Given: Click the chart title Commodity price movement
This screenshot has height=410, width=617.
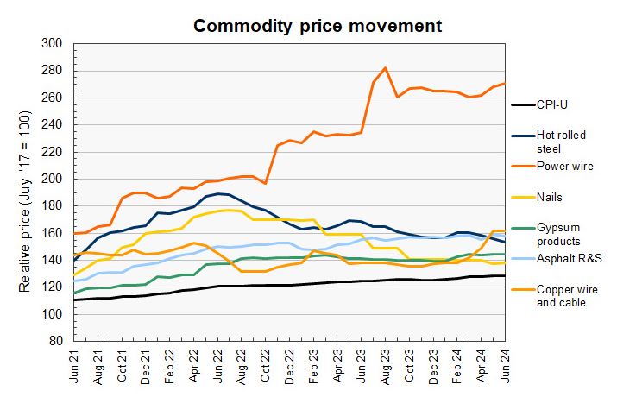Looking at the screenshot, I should [x=318, y=25].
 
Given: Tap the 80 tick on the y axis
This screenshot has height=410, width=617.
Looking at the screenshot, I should [x=55, y=341].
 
